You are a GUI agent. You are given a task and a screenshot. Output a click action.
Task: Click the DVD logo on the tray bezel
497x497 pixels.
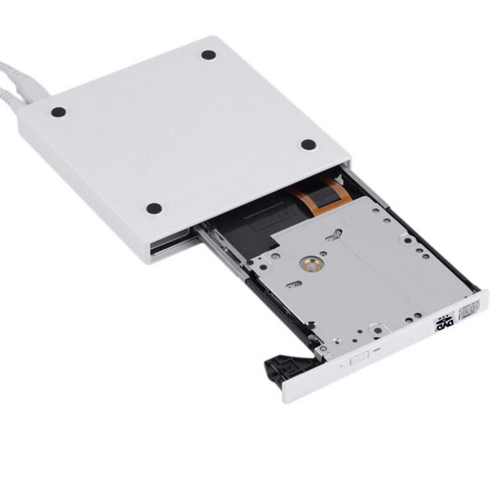(445, 322)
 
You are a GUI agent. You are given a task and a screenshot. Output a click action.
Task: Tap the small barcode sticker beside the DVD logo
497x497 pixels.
(470, 308)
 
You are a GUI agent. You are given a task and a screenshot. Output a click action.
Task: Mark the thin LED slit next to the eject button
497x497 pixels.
(376, 351)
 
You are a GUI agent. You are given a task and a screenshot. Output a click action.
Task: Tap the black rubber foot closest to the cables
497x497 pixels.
(58, 113)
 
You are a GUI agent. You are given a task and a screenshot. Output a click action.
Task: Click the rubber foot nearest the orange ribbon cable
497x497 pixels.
(309, 144)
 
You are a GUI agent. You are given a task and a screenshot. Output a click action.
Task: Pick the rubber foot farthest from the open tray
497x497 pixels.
(209, 55)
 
